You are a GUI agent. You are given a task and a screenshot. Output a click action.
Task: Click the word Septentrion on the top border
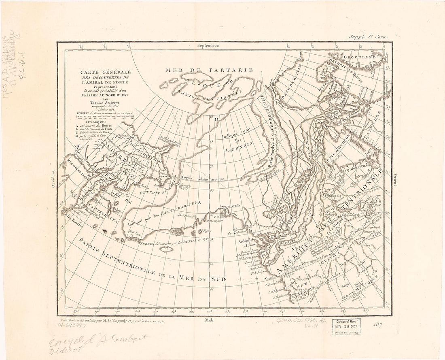click(x=208, y=46)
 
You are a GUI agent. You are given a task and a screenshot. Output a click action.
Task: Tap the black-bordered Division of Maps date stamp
click(x=346, y=326)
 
